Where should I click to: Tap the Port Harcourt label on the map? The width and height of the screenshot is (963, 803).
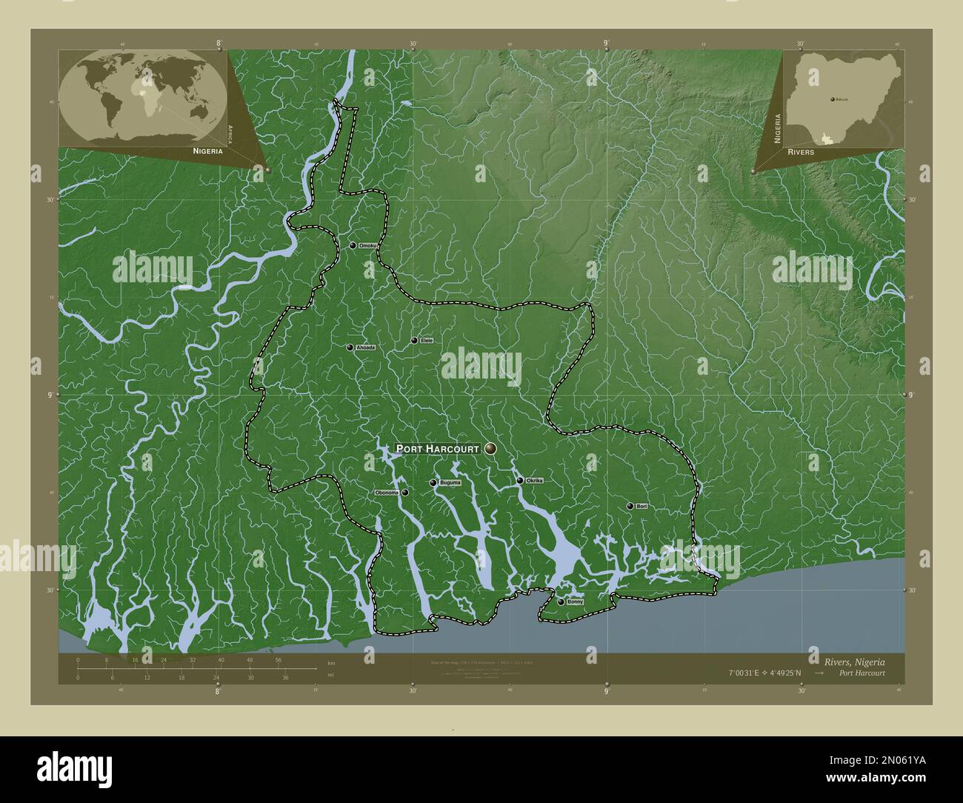438,449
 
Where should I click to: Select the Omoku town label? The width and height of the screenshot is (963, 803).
368,245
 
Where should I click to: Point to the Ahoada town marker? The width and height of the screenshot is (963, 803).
350,347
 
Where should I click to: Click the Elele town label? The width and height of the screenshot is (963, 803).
427,341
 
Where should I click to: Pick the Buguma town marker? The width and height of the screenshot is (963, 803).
433,483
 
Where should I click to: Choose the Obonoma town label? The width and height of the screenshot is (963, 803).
387,493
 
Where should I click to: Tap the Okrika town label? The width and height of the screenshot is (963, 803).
535,481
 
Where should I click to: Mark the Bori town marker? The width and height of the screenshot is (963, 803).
630,506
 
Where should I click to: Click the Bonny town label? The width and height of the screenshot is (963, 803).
576,602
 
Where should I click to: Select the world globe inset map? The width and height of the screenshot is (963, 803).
143,96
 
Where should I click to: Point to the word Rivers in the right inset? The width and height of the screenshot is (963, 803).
802,151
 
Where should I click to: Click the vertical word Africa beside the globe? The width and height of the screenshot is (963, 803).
231,133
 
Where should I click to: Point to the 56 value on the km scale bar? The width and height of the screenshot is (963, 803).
278,660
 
